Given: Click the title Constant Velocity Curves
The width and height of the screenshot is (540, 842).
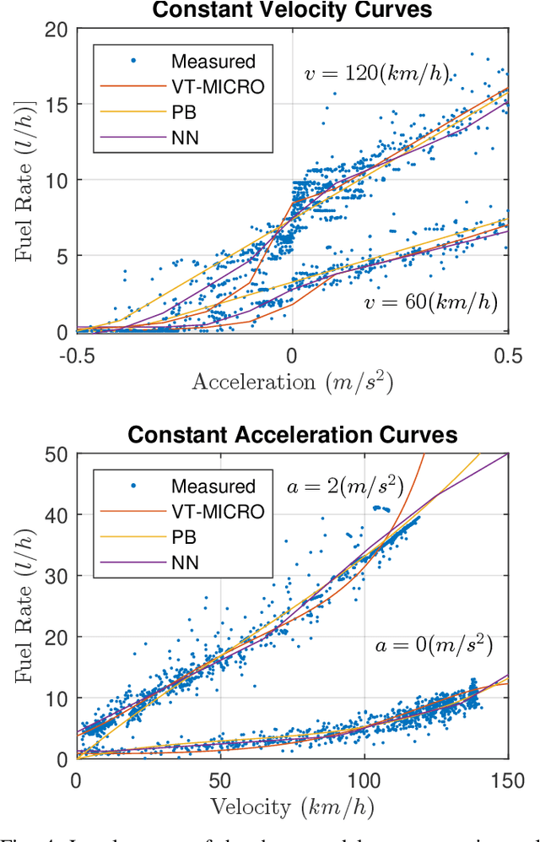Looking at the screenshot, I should [292, 11].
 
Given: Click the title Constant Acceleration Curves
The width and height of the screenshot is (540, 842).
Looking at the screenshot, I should [292, 435].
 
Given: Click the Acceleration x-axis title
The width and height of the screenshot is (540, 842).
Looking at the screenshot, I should [292, 382].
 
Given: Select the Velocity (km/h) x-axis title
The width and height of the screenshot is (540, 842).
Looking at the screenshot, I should [292, 807].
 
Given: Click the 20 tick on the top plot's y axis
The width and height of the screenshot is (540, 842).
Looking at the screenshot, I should [57, 29].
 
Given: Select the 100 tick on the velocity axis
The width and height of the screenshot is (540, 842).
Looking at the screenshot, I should [364, 777].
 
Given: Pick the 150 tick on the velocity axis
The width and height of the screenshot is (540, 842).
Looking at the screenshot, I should [507, 777].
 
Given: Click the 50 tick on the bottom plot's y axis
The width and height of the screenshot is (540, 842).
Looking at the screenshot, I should [57, 454].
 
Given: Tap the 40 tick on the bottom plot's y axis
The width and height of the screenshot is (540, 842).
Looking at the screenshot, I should [57, 514].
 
